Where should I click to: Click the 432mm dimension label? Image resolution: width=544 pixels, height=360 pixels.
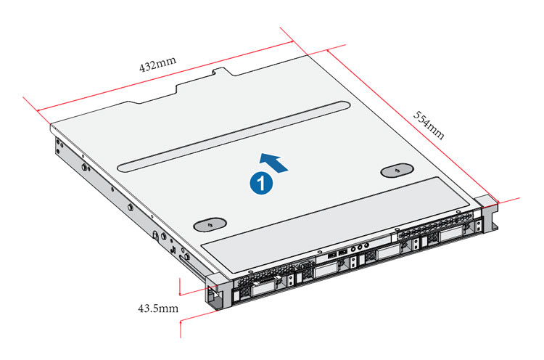coord(158,64)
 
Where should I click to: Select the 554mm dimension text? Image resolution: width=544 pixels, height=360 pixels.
coord(429,125)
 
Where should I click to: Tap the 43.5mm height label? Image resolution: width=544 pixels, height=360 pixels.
coord(158,308)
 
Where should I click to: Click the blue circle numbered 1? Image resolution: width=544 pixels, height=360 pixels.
coord(261,183)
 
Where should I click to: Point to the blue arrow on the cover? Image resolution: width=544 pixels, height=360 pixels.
coord(273,162)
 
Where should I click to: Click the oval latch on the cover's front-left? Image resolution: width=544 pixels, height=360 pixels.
coord(210,224)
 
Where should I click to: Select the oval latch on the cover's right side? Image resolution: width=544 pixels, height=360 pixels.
coord(397,171)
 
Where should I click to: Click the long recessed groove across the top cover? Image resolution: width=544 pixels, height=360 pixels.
coord(234,136)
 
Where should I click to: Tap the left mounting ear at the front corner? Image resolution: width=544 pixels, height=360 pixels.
coord(218,291)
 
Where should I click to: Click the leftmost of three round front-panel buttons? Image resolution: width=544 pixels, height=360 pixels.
coord(353,249)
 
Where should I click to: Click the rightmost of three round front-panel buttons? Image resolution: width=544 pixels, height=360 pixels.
coord(366,246)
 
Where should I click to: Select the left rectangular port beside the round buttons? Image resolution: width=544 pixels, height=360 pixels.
coord(332,255)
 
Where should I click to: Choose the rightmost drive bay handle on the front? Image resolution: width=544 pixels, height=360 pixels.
coord(451,235)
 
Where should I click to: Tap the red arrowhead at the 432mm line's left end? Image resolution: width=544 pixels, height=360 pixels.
coord(39,111)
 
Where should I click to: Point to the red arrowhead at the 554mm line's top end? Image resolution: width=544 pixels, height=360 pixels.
coord(329,52)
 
